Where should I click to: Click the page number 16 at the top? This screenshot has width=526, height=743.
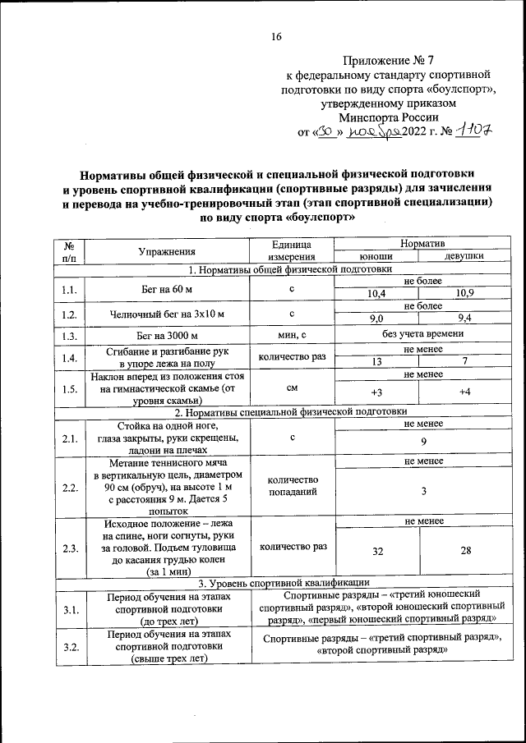[277, 36]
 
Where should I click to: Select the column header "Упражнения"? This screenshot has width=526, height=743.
[168, 250]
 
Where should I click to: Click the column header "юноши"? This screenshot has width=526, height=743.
[376, 256]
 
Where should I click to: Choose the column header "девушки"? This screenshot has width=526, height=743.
[464, 256]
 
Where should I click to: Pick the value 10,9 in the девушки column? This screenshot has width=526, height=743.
[464, 294]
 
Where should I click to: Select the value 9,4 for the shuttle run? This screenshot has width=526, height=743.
[464, 319]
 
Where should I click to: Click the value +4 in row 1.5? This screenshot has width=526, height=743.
[464, 392]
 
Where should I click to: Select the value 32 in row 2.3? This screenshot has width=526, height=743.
[377, 552]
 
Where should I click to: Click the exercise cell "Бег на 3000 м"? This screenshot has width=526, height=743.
[168, 335]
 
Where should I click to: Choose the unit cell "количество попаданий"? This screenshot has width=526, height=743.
[293, 485]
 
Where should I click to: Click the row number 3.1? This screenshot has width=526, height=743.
[70, 608]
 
